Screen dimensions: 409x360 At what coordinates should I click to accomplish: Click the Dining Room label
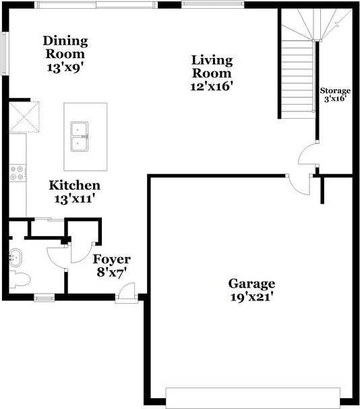tap(65, 47)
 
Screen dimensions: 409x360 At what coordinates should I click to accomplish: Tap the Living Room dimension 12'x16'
tap(212, 86)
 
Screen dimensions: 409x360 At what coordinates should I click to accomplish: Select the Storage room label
tap(335, 90)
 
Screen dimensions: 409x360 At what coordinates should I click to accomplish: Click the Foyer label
tap(111, 259)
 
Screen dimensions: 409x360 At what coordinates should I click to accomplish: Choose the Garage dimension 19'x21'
tap(251, 296)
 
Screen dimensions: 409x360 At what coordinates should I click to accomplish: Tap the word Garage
tap(251, 283)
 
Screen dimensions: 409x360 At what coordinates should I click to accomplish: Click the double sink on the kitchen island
tap(81, 136)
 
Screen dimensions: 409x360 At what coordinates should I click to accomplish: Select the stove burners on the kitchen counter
tap(16, 172)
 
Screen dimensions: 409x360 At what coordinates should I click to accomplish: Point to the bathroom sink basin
tap(16, 256)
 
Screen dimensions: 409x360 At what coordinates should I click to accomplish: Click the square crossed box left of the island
tap(25, 116)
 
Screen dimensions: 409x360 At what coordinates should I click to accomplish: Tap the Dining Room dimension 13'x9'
tap(65, 67)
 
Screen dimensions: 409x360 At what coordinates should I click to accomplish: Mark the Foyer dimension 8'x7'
tap(111, 273)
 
